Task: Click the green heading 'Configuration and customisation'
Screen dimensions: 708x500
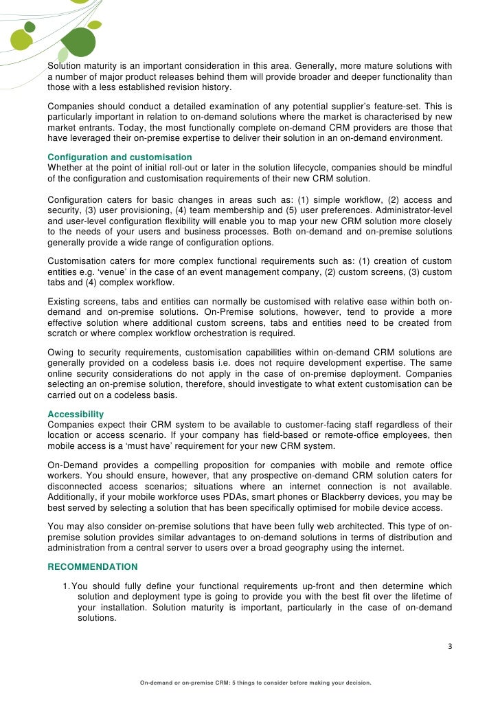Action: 120,157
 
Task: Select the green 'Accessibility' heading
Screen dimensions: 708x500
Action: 76,414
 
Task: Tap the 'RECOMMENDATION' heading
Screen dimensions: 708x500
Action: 92,567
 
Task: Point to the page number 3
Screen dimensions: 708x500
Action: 450,646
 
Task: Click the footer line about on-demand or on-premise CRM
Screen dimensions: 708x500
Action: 255,683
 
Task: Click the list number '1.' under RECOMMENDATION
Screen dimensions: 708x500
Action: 67,586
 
